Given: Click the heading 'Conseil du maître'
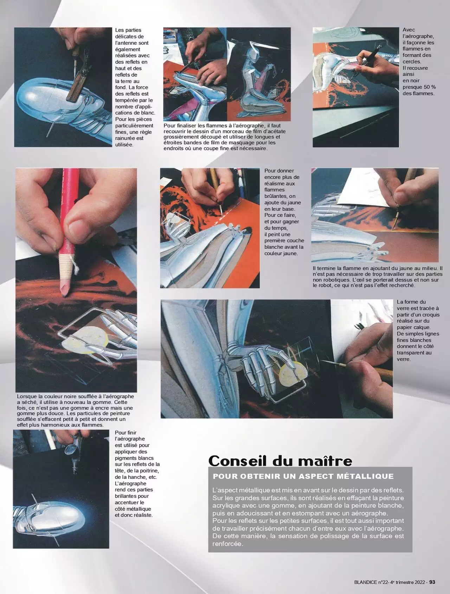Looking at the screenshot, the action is tap(280, 461).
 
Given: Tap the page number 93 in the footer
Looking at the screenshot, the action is tap(432, 582).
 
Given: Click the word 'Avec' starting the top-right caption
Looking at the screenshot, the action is tap(409, 30).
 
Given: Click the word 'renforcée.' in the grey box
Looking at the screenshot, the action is tap(227, 544).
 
